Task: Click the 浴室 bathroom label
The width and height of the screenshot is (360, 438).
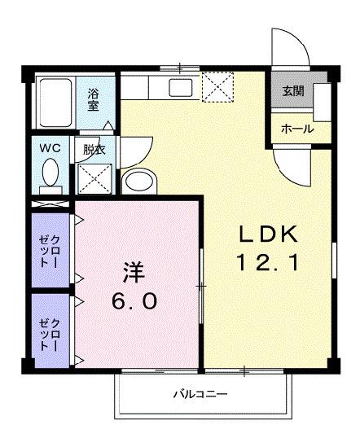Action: tap(94, 98)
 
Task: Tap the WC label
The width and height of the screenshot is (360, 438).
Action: tap(50, 149)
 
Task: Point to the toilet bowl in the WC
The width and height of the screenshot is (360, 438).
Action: tap(50, 173)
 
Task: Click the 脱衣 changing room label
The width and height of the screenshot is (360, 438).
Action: tap(94, 150)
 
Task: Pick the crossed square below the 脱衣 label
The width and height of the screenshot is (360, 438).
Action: tap(95, 177)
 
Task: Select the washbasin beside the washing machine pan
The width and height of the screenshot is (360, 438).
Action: tap(139, 181)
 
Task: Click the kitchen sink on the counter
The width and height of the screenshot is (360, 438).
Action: tap(180, 88)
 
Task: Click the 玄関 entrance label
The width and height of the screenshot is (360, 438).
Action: tap(292, 91)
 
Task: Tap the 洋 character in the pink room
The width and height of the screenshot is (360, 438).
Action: tap(134, 270)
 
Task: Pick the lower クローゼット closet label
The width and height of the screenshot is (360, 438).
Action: tap(49, 335)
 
